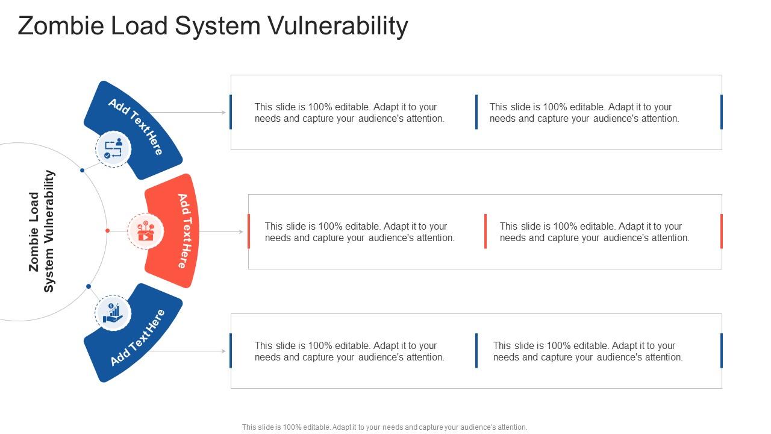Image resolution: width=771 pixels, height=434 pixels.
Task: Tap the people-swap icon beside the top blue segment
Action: [113, 149]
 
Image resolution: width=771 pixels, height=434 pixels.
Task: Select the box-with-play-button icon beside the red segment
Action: [145, 231]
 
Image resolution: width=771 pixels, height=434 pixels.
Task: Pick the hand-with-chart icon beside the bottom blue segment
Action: [113, 312]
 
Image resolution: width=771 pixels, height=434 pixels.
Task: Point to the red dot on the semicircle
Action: [107, 230]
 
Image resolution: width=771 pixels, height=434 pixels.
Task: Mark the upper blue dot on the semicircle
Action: [82, 171]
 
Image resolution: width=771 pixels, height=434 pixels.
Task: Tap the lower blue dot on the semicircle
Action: [88, 286]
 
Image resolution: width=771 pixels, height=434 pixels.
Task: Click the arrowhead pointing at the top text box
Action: [223, 112]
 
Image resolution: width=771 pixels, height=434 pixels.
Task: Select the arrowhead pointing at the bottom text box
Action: [223, 351]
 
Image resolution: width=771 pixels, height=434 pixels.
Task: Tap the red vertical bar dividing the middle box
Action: [485, 231]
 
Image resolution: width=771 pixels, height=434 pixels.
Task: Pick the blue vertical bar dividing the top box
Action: [476, 112]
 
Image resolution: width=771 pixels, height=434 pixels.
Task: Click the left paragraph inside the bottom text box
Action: [349, 351]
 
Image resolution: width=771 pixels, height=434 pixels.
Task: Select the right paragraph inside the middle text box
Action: [594, 232]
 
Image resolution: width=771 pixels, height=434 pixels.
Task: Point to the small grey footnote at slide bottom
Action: [384, 427]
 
